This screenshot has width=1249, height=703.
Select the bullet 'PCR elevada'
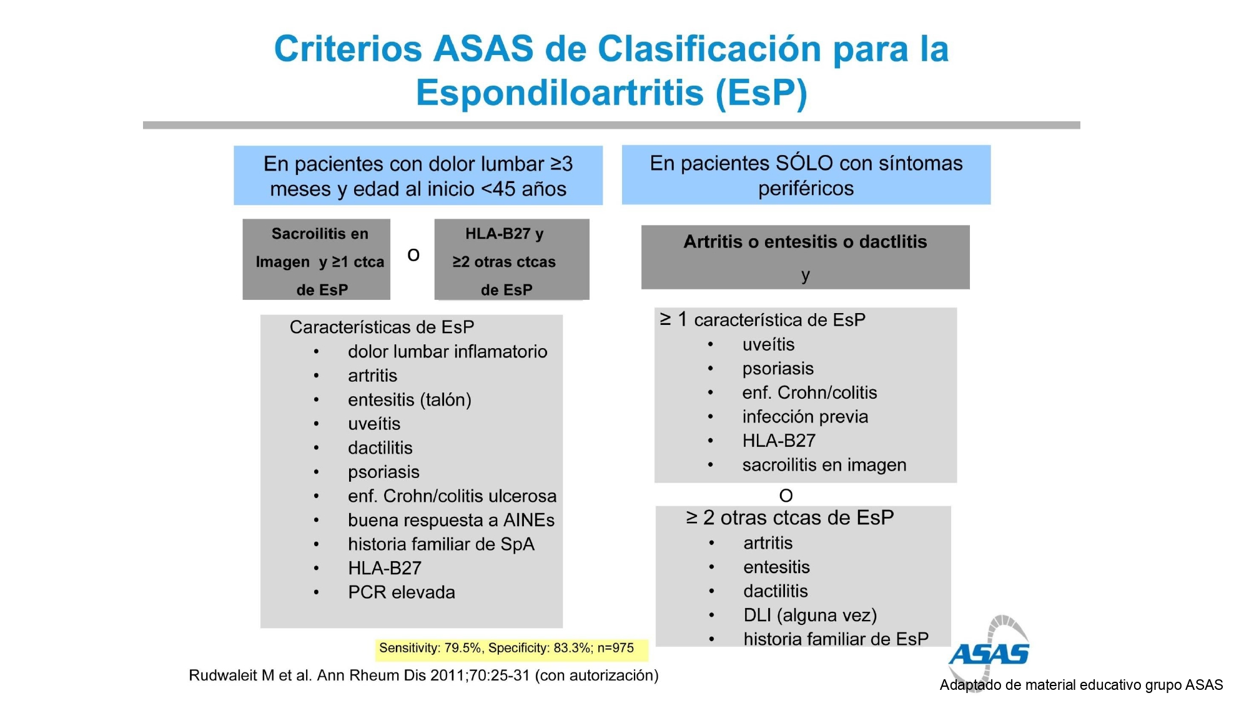click(x=402, y=592)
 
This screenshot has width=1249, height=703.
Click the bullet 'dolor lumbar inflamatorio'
click(x=447, y=352)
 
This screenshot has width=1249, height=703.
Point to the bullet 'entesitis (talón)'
click(x=410, y=400)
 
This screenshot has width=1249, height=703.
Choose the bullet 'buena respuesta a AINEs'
click(x=451, y=520)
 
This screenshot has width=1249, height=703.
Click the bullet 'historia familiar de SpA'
click(x=441, y=544)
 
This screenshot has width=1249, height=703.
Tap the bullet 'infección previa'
click(x=805, y=417)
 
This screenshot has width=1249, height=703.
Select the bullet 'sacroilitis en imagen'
click(x=824, y=465)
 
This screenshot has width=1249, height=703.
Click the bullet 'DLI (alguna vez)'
click(x=810, y=616)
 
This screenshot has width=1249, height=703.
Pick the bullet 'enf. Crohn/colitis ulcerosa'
click(x=452, y=496)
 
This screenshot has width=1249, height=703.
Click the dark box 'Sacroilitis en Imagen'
click(x=317, y=259)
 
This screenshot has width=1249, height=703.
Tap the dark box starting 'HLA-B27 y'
click(x=511, y=259)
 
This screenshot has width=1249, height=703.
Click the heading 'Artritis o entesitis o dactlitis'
click(x=805, y=242)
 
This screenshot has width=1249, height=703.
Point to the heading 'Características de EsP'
click(x=382, y=327)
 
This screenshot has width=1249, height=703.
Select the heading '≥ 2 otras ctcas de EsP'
click(x=790, y=518)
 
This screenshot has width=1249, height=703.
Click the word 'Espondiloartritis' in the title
click(x=560, y=92)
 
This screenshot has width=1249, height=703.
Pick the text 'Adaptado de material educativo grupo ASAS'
click(x=1081, y=685)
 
